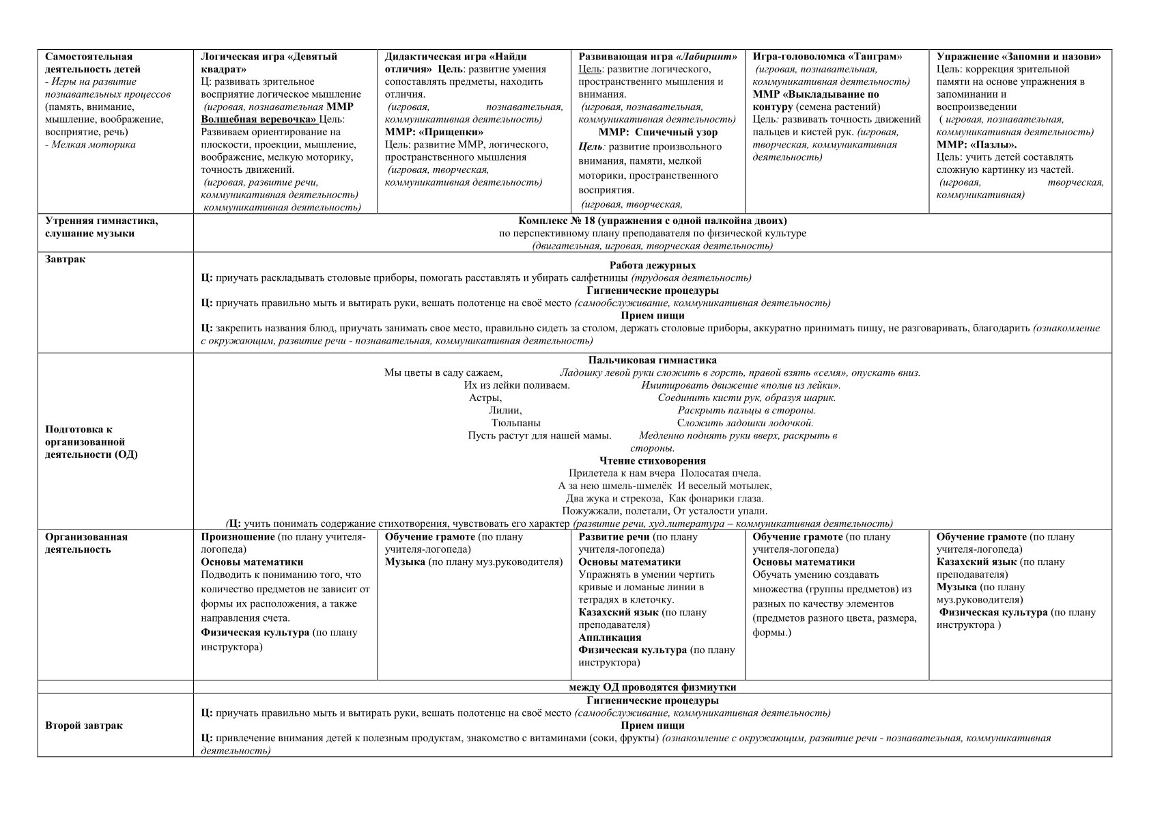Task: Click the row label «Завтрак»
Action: coord(66,260)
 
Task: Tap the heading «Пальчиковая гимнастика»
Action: coord(652,360)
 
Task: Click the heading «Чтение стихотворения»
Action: coord(652,460)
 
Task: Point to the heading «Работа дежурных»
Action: coord(652,265)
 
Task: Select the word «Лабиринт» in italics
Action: coord(707,57)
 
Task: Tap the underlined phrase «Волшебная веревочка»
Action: coord(259,119)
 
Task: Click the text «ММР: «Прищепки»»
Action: coord(434,132)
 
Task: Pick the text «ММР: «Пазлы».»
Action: coord(976,144)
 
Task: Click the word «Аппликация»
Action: coord(610,637)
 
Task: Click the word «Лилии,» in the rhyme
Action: coord(505,411)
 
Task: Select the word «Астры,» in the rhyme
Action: coord(485,398)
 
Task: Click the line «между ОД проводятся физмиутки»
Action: coord(652,687)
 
